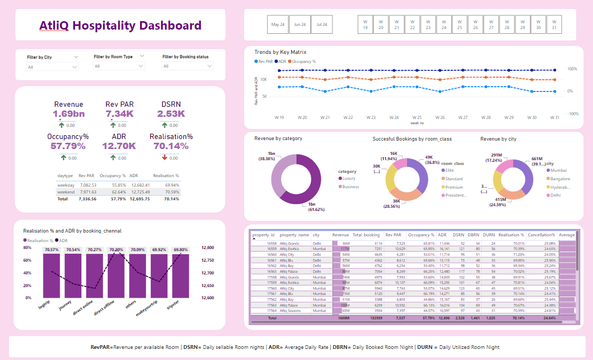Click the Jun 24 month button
pyautogui.click(x=300, y=24)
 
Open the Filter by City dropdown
pyautogui.click(x=52, y=67)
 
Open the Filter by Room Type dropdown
pyautogui.click(x=118, y=66)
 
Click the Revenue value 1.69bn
pyautogui.click(x=69, y=114)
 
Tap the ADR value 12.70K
pyautogui.click(x=119, y=146)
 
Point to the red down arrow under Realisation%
pyautogui.click(x=165, y=158)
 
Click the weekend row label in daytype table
pyautogui.click(x=66, y=192)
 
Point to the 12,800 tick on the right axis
pyautogui.click(x=208, y=247)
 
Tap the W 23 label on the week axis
pyautogui.click(x=370, y=117)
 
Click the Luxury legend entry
pyautogui.click(x=349, y=179)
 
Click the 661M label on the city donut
pyautogui.click(x=536, y=159)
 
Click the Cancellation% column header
pyautogui.click(x=541, y=235)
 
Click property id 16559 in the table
pyautogui.click(x=272, y=248)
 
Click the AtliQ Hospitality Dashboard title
pyautogui.click(x=121, y=25)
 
